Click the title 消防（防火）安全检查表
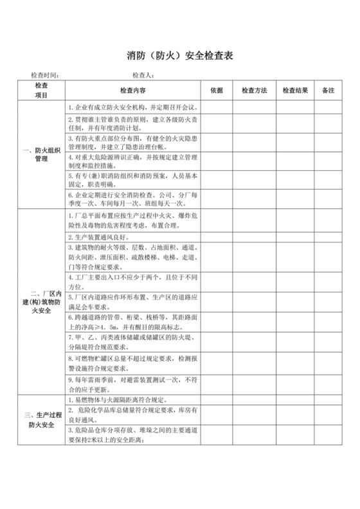click(x=179, y=56)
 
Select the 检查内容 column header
click(x=132, y=90)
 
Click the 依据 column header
click(x=216, y=90)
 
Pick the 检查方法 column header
click(x=255, y=90)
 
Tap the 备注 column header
click(x=328, y=90)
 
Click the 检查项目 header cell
click(x=41, y=90)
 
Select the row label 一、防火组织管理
click(x=41, y=154)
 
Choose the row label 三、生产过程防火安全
click(x=41, y=420)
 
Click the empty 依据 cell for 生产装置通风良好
click(x=216, y=236)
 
